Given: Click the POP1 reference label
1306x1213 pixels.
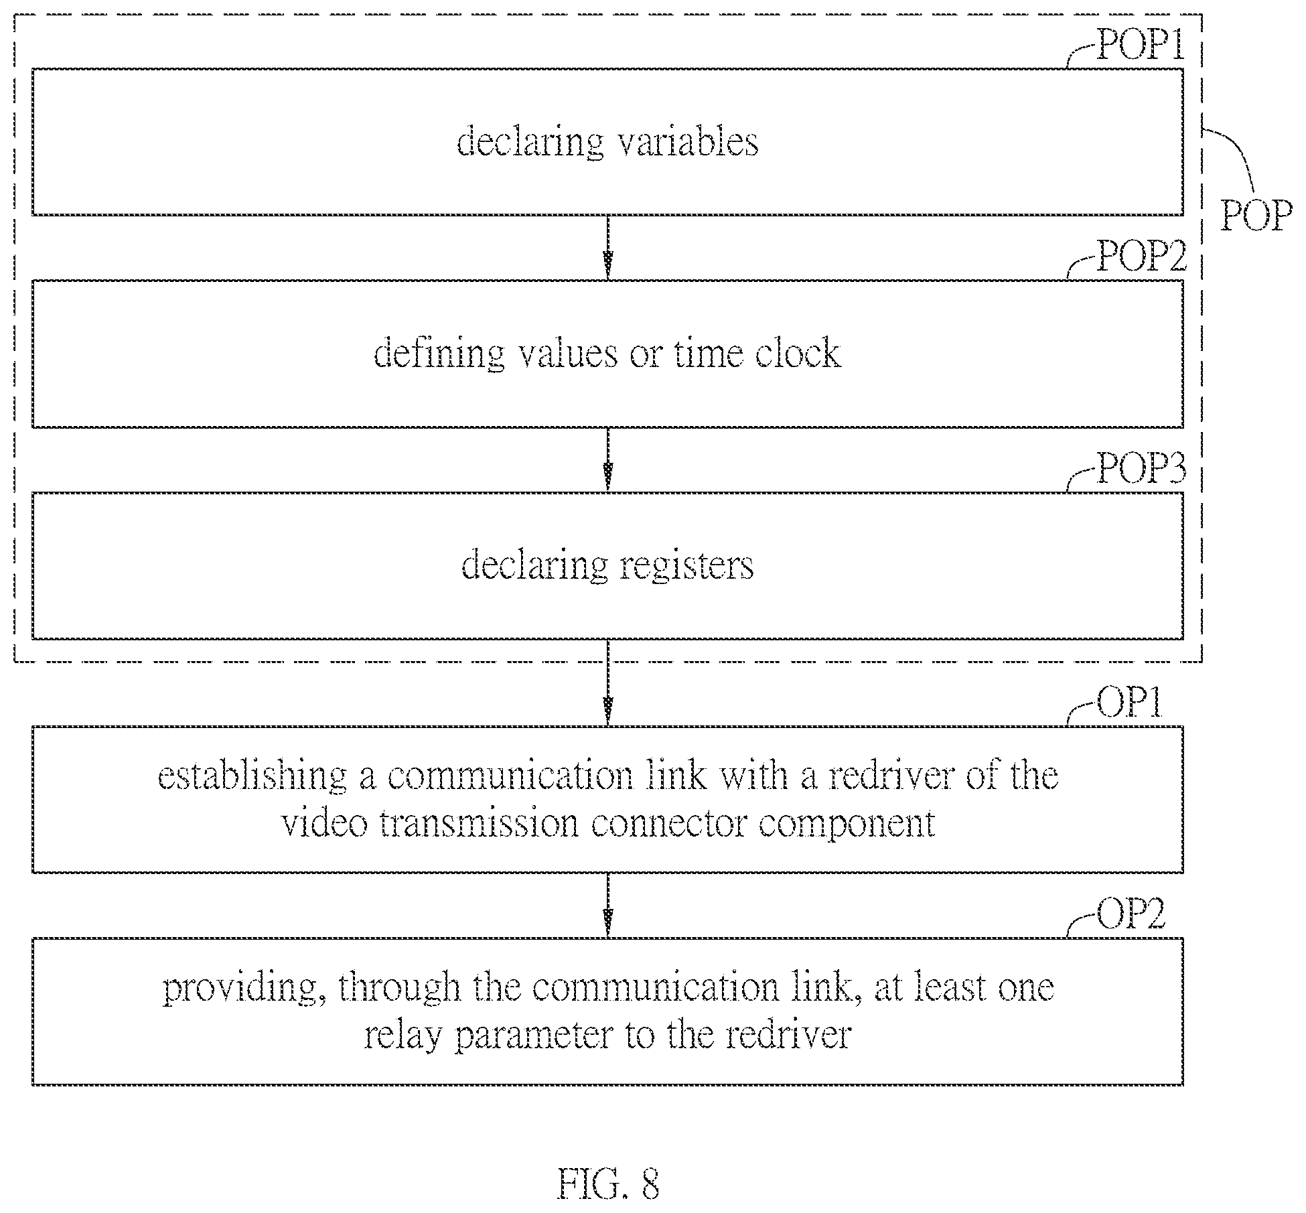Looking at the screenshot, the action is (x=1140, y=47).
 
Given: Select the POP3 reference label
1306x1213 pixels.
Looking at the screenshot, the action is (x=1141, y=469).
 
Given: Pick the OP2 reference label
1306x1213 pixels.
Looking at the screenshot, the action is (x=1131, y=914).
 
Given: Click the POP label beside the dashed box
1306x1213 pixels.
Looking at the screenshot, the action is (x=1256, y=216).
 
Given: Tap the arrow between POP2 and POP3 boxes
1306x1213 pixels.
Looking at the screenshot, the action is (x=607, y=459).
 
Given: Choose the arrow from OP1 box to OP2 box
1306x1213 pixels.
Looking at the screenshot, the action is (x=607, y=904).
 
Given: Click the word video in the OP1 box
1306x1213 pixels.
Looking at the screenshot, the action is (x=325, y=823).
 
